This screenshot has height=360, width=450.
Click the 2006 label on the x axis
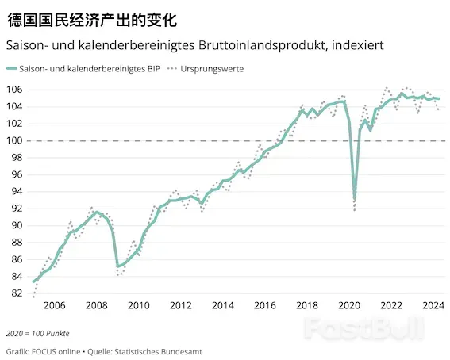[54, 305]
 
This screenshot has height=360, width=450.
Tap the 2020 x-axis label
[349, 305]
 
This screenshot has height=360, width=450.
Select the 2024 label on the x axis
[433, 305]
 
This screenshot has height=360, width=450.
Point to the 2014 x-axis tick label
[223, 305]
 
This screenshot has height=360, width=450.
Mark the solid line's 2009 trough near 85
[118, 266]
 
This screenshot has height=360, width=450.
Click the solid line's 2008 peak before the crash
[97, 213]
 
